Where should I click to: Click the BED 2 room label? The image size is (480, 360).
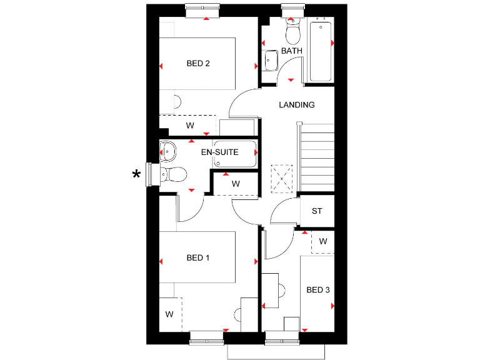coord(197,63)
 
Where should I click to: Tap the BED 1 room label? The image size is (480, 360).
coord(197,257)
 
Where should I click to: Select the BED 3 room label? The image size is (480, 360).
coord(317,290)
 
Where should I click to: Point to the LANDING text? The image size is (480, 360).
coord(296,105)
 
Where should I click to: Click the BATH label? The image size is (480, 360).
coord(291,51)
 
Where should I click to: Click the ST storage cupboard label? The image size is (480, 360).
coord(317,211)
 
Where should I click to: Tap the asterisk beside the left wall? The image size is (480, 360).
coord(136,175)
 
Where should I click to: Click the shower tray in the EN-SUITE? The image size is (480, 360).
coord(235,154)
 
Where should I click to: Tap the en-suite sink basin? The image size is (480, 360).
coord(167,151)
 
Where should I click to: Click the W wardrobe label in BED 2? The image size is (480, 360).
coord(190,126)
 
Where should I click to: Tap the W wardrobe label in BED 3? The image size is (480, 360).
coord(322,241)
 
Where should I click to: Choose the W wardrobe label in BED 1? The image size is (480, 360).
coord(169,314)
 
